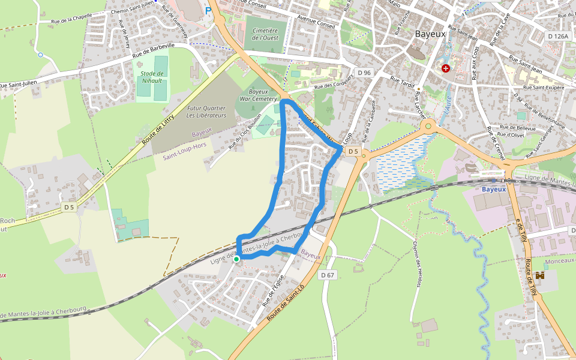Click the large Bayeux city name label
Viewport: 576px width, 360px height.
coord(430,34)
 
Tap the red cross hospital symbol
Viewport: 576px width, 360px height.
coord(446,68)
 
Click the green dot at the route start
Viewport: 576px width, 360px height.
coord(236,259)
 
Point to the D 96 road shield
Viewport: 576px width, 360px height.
coord(364,73)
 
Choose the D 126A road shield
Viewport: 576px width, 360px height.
coord(558,36)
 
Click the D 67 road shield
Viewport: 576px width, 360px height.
coord(327,275)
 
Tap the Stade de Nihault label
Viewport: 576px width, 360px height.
coord(152,77)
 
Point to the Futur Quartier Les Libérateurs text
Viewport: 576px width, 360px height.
coord(206,112)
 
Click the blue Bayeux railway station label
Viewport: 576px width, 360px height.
coord(494,189)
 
